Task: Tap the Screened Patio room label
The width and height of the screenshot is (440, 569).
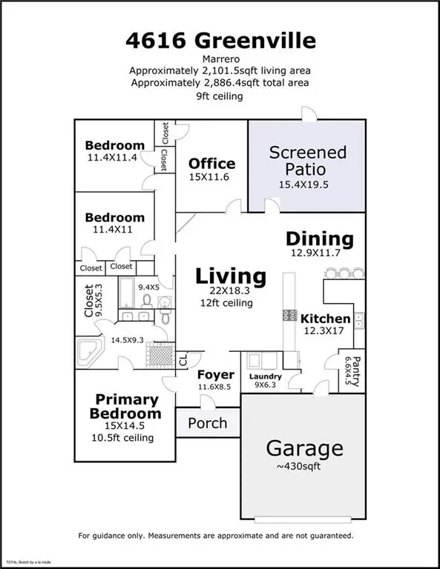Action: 307,161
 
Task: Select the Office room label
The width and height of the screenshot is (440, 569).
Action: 211,164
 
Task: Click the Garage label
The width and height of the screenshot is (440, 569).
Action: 304,448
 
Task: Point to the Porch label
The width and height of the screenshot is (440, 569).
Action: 207,424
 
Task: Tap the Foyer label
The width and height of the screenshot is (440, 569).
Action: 216,375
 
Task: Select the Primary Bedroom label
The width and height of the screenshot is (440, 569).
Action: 125,406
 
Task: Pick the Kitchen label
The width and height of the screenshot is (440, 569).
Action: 325,319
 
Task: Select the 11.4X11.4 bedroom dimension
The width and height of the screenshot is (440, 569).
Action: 114,157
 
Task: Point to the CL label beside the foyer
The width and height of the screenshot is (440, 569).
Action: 183,360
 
